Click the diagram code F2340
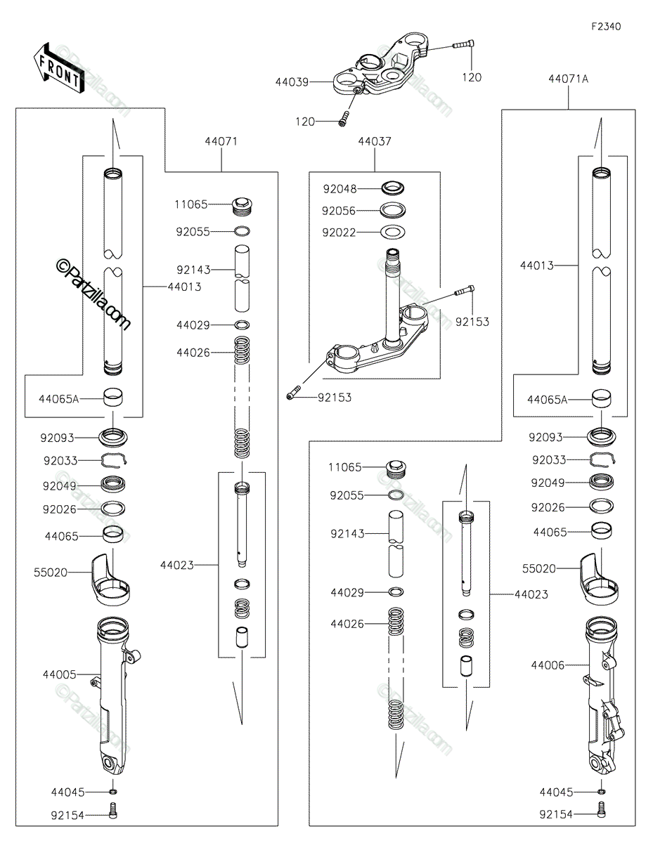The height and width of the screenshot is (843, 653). point(605,27)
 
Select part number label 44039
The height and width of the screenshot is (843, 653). point(292,82)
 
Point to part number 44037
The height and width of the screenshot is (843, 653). point(375,141)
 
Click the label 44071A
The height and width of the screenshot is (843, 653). point(568,79)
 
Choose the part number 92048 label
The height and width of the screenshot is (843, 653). point(340,189)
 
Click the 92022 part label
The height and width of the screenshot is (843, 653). point(340,233)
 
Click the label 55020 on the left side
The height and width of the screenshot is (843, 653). point(51,572)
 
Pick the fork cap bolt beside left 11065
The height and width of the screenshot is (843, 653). point(243,207)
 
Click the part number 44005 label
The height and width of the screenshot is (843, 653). point(59,674)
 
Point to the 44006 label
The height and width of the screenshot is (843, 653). point(548,665)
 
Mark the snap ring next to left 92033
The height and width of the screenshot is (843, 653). point(114,460)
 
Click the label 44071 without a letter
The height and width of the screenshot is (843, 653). point(221,141)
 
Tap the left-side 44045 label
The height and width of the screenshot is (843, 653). point(67,792)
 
